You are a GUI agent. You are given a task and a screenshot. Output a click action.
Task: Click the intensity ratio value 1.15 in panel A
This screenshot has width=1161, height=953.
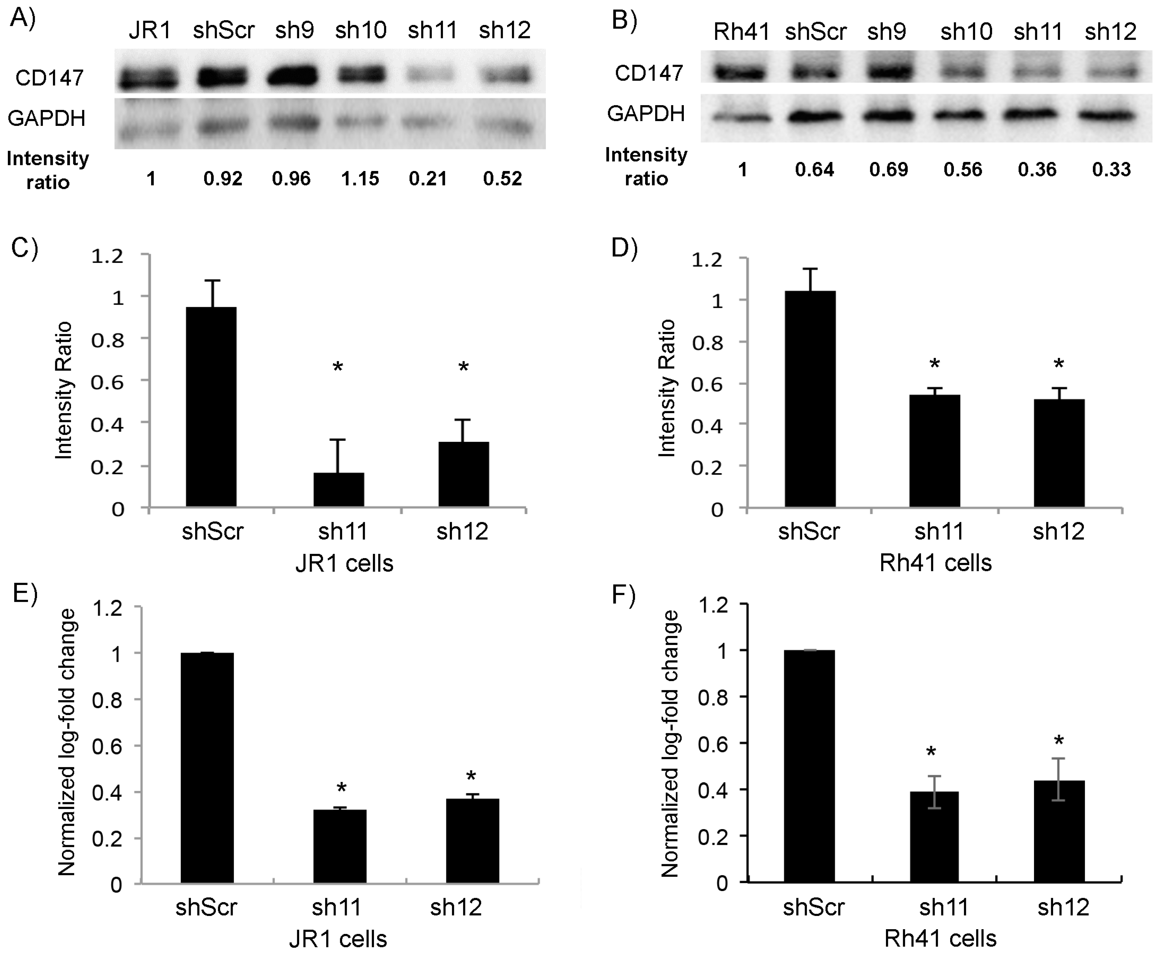pyautogui.click(x=360, y=179)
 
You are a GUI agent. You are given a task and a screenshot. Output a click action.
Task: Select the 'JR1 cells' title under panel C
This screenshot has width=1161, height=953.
pyautogui.click(x=344, y=563)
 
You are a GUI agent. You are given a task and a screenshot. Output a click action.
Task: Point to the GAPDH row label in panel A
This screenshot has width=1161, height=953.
pyautogui.click(x=47, y=118)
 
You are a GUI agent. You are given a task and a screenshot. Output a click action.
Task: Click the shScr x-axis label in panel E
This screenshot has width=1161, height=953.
pyautogui.click(x=206, y=907)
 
